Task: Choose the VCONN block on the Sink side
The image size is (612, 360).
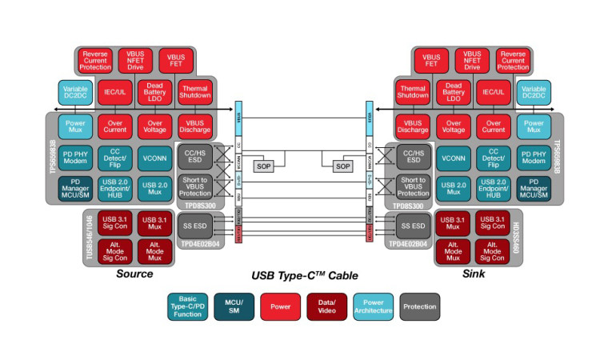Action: coord(454,156)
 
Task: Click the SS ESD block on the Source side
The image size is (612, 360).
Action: coord(194,222)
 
